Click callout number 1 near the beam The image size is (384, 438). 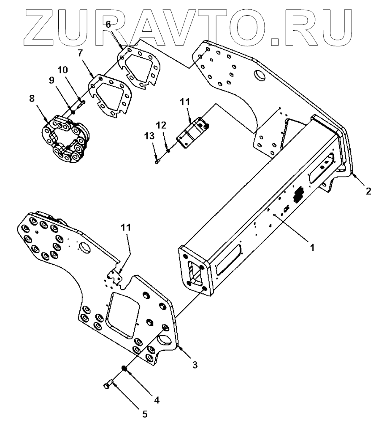312,248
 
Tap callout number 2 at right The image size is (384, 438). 368,191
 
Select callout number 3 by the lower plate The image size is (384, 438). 195,365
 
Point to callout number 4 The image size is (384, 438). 157,400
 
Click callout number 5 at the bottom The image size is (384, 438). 145,414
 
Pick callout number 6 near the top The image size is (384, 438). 108,25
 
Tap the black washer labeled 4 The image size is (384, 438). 125,369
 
